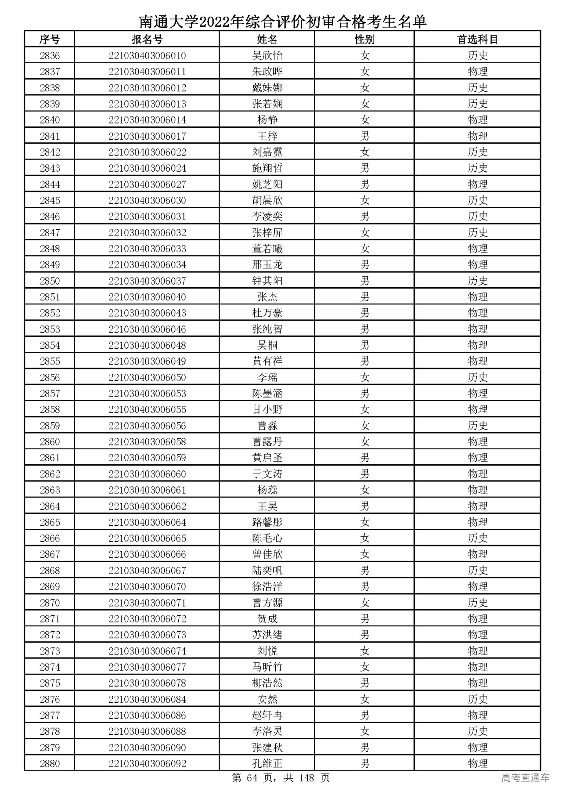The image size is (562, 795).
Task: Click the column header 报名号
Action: point(147,40)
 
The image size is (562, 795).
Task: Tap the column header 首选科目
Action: point(477,40)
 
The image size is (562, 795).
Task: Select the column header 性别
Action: point(364,40)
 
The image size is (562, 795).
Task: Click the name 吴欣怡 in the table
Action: point(267,56)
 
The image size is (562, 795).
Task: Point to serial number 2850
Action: point(50,281)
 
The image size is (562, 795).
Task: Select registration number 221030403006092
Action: point(147,764)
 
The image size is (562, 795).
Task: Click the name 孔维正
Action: point(267,764)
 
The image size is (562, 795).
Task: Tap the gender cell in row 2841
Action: point(364,136)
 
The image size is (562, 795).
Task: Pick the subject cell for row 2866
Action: point(477,538)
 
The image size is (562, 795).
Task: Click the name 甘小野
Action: point(267,410)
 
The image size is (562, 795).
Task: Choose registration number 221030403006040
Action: point(147,297)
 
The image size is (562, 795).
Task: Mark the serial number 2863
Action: point(50,490)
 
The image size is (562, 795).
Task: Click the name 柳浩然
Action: point(267,683)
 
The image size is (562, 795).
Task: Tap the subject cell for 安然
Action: point(477,699)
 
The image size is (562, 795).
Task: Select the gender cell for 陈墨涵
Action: point(364,394)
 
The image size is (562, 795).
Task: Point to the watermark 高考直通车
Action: point(525,778)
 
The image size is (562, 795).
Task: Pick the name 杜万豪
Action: point(267,313)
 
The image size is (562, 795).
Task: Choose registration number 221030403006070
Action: point(147,587)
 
